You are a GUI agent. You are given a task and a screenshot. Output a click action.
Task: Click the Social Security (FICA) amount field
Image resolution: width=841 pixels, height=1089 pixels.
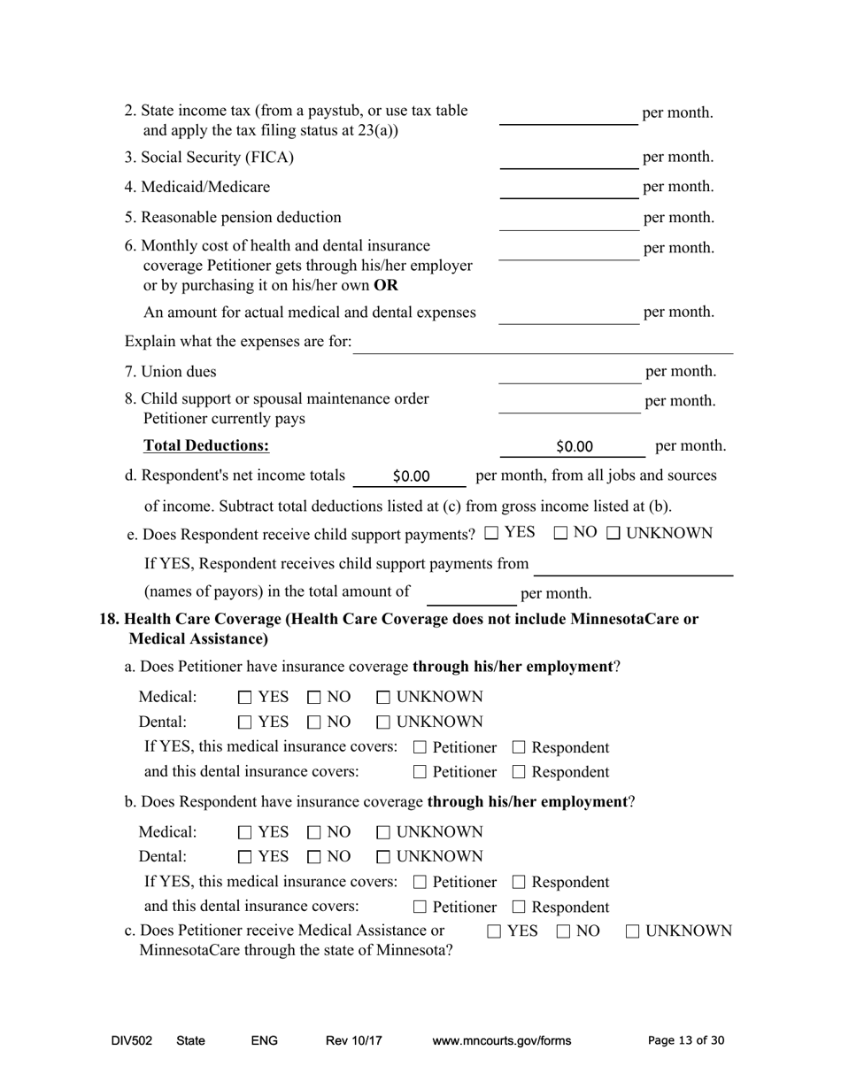pos(568,158)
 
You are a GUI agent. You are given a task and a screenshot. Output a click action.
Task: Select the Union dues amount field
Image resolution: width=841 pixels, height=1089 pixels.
pos(568,372)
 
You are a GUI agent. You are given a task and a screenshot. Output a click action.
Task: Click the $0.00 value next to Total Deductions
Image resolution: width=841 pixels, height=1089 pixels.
pos(575,446)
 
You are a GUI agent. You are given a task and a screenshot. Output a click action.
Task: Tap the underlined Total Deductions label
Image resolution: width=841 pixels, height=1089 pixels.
pos(206,445)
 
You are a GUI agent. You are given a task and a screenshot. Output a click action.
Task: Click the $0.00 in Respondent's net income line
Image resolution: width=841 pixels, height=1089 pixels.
pos(411,476)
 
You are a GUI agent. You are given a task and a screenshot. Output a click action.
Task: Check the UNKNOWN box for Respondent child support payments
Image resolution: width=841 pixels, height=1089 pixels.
pos(613,533)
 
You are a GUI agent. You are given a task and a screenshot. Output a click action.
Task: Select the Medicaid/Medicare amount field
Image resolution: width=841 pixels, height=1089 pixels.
pos(568,188)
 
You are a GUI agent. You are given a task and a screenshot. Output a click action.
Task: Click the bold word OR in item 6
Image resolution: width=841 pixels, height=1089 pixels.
pos(386,286)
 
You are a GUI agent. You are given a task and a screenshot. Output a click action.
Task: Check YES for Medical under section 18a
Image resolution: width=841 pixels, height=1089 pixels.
pos(245,698)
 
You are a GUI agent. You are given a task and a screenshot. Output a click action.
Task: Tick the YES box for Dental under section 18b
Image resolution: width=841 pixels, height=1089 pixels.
pos(245,857)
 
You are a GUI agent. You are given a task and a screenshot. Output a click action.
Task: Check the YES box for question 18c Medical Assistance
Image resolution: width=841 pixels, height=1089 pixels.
pos(495,931)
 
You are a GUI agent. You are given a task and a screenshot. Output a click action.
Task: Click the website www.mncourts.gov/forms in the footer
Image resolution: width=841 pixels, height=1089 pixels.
pos(501,1041)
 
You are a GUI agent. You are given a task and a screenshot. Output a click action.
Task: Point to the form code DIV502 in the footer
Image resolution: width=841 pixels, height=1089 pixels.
pos(132,1041)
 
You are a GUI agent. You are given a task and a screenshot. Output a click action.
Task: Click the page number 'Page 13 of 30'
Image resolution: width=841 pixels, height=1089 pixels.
pos(686,1041)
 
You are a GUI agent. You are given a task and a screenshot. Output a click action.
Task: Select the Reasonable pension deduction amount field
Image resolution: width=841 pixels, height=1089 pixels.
pos(568,219)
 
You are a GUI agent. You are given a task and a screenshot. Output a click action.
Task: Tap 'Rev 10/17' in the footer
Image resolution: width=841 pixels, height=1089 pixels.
pos(353,1041)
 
